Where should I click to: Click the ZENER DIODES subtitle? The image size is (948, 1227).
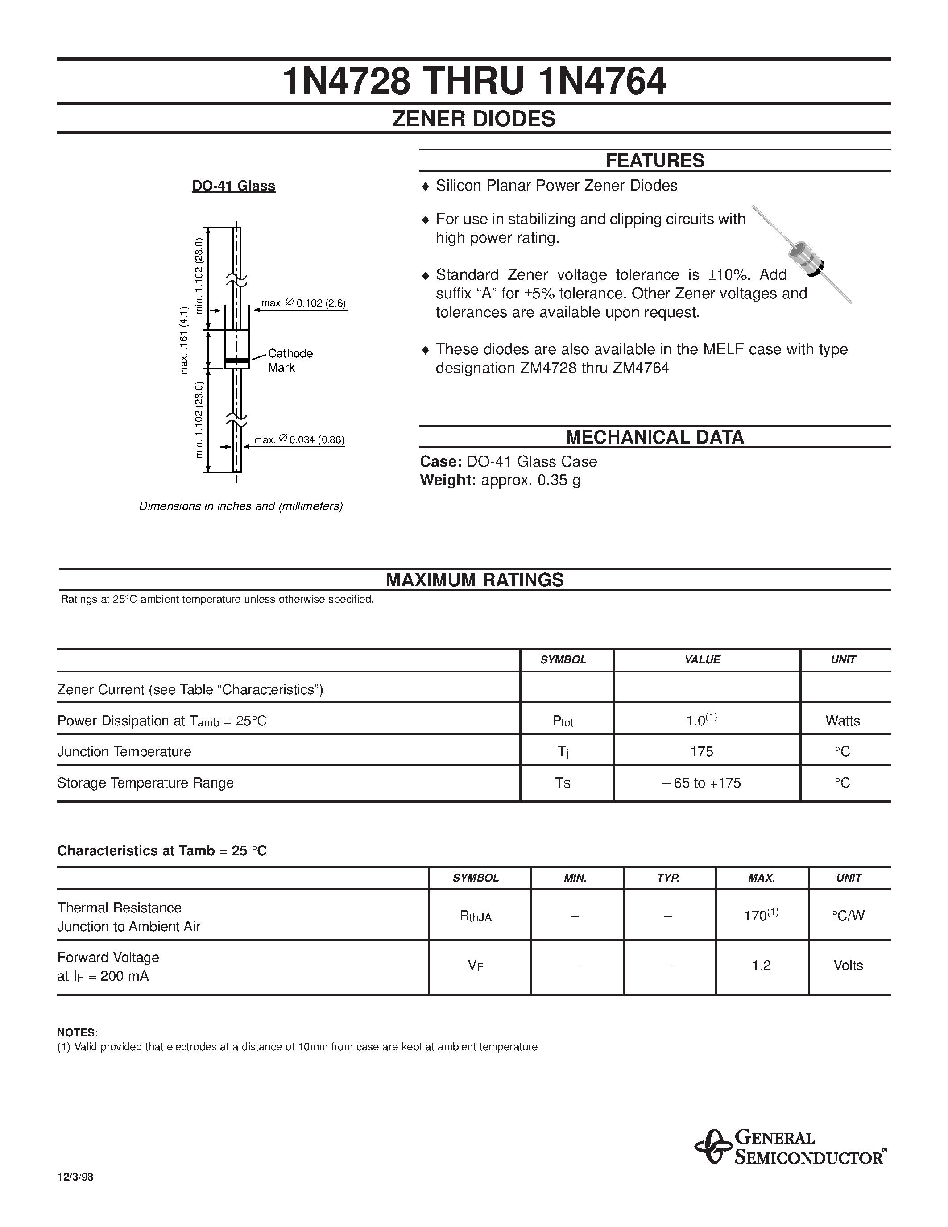473,119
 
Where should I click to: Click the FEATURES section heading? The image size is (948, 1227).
654,161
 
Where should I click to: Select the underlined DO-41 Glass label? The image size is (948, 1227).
234,186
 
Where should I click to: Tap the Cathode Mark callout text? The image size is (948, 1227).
290,360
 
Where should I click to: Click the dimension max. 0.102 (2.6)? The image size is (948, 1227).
304,303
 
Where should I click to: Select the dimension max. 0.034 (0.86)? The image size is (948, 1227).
299,440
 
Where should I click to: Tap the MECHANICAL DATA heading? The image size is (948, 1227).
654,437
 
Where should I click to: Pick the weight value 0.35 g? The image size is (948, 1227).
559,481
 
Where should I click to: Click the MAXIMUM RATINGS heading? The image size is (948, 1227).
475,580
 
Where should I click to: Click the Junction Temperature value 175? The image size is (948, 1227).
702,752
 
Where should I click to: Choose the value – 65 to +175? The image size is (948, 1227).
702,783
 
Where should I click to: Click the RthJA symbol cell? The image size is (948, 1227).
476,916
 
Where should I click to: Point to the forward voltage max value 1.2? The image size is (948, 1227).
762,965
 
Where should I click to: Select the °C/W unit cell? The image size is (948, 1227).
848,916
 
